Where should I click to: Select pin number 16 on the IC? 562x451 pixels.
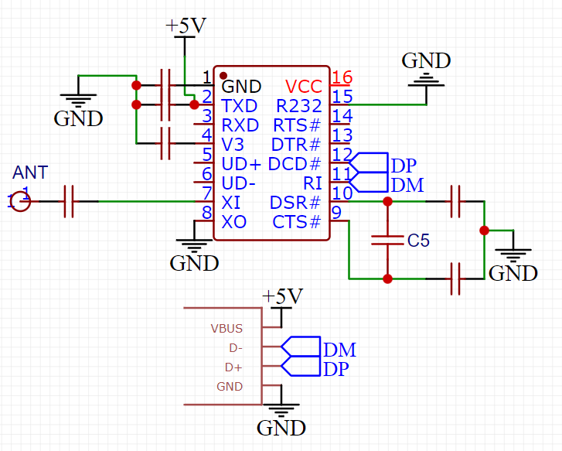click(342, 77)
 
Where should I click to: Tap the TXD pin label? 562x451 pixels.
click(240, 105)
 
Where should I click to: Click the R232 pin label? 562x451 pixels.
click(298, 105)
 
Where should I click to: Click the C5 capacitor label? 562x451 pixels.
click(418, 241)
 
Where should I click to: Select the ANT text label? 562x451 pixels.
click(30, 172)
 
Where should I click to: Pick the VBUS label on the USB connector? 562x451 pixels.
click(227, 328)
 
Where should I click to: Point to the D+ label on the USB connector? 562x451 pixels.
click(233, 367)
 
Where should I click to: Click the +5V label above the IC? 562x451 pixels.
click(186, 26)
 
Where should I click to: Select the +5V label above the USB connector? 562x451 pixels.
click(282, 296)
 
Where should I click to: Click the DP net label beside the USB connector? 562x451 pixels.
click(336, 369)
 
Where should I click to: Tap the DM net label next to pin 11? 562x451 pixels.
click(407, 185)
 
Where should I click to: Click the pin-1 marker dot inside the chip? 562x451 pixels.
click(223, 76)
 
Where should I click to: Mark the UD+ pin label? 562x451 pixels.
click(241, 164)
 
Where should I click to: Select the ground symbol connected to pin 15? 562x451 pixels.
click(426, 77)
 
